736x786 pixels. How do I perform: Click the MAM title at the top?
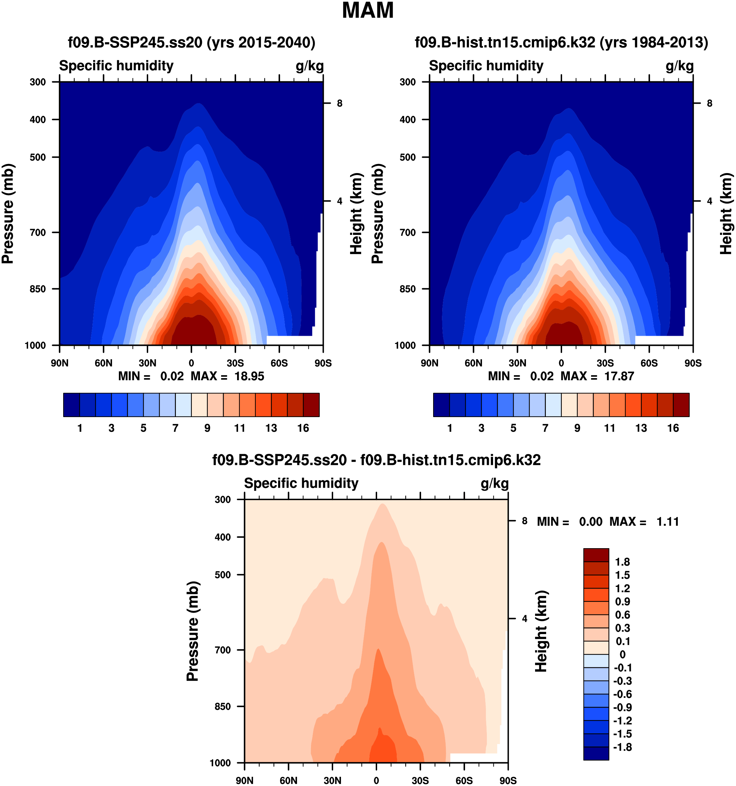(x=368, y=11)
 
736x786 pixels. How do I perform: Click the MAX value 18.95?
(x=249, y=376)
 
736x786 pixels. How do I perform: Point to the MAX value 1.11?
(x=668, y=522)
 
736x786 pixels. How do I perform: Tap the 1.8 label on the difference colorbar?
(x=622, y=562)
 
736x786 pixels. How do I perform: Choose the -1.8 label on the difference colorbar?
(x=622, y=747)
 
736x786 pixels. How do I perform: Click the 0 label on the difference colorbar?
(x=622, y=654)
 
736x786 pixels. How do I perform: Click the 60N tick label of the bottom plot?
(x=289, y=780)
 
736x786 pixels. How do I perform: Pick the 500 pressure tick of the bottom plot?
(x=223, y=575)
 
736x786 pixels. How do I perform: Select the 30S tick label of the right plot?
(x=605, y=363)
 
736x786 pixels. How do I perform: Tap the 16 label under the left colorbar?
(x=303, y=428)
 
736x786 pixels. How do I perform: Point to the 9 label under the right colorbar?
(x=577, y=428)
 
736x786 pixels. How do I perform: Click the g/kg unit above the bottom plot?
(x=495, y=483)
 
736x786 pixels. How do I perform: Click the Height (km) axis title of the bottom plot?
(x=541, y=631)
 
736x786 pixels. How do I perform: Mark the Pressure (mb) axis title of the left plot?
(x=8, y=213)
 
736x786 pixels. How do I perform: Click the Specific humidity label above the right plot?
(x=486, y=66)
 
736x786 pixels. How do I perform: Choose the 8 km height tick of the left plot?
(x=340, y=103)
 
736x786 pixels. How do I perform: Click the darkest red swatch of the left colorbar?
(x=311, y=405)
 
